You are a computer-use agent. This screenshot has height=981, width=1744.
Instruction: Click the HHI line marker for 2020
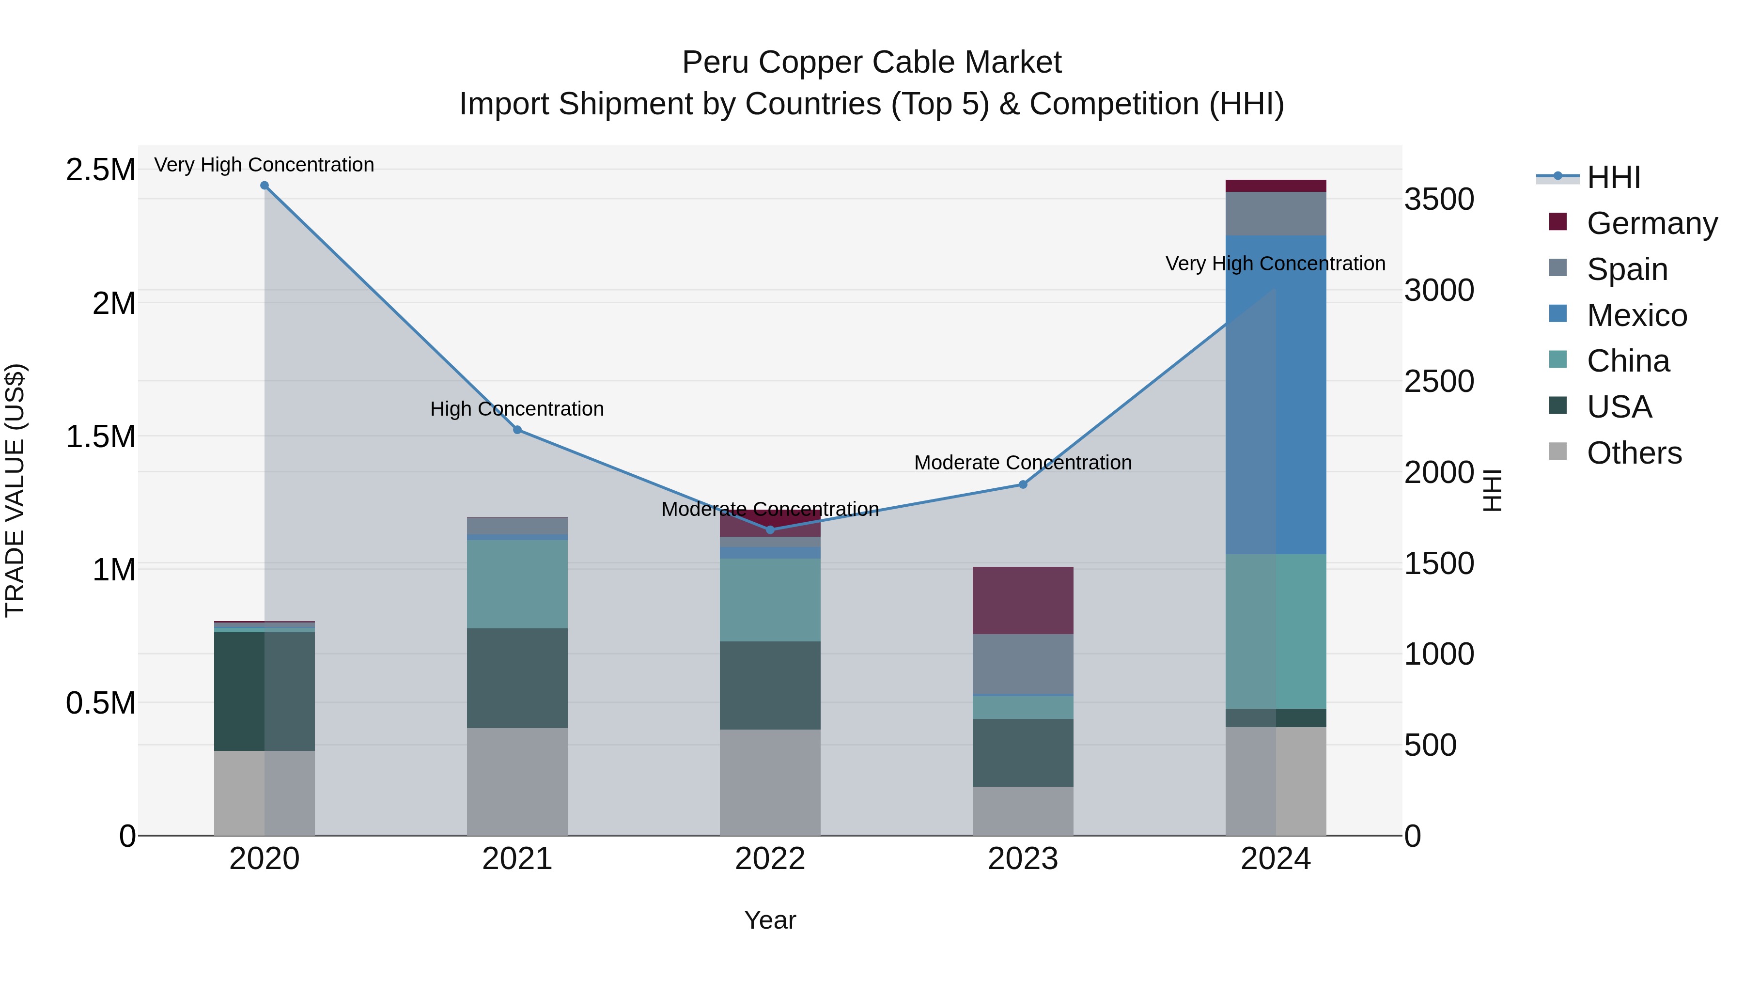265,186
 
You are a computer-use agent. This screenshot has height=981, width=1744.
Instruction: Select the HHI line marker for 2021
517,430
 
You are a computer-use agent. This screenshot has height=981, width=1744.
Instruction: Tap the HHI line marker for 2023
1023,485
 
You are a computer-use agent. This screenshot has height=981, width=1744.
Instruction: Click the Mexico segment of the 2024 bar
1276,395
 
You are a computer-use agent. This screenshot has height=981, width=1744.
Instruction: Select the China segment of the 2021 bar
517,584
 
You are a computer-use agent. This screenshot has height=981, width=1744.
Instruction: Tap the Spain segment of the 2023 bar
1023,664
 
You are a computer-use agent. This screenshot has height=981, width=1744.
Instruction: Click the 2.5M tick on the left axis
101,170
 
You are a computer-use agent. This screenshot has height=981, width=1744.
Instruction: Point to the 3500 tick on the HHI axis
1439,200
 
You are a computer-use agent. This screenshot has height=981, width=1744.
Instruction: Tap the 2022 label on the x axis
770,859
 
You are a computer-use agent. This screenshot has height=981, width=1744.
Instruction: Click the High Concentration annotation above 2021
517,409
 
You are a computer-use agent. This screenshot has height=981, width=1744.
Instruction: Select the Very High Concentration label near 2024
1276,264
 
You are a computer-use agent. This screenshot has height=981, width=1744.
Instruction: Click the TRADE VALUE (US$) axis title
16,490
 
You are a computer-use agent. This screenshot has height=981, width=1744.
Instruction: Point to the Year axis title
770,920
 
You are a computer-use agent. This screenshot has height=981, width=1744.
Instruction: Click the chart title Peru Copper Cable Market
872,62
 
